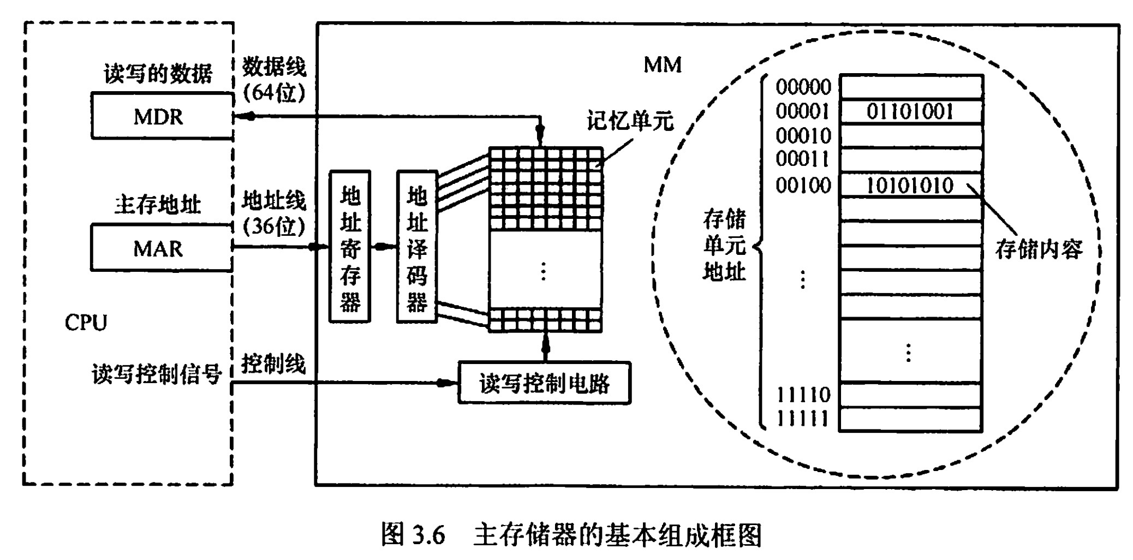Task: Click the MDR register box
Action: (162, 116)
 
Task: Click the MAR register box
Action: (162, 248)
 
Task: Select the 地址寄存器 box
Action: (350, 247)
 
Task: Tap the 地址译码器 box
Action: (417, 247)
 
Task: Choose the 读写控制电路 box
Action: (544, 383)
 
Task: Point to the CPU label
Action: (86, 323)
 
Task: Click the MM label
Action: (663, 65)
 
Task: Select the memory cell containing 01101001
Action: (910, 112)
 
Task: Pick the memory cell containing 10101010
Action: (910, 186)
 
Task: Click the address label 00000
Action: (803, 87)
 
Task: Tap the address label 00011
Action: (803, 159)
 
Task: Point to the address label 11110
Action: (803, 394)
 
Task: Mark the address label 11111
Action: (803, 419)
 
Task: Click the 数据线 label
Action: (274, 67)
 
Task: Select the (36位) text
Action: (274, 225)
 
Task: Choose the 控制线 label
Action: (273, 364)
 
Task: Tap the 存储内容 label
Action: (1038, 249)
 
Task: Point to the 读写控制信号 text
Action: (157, 374)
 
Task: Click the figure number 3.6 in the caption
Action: (429, 535)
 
